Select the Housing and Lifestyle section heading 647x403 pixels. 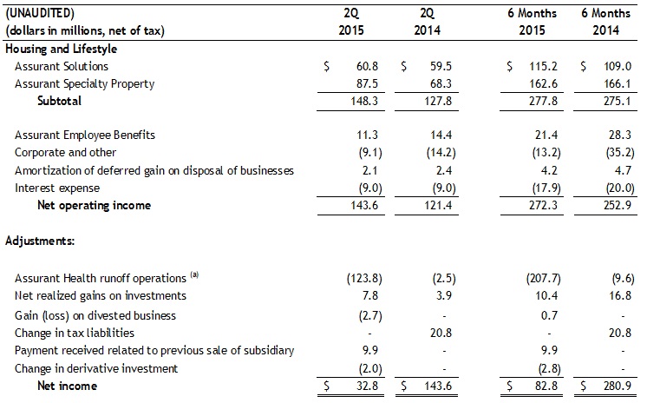click(x=61, y=49)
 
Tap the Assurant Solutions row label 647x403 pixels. click(x=62, y=66)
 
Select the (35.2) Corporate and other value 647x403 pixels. click(x=618, y=152)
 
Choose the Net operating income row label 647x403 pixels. click(x=95, y=205)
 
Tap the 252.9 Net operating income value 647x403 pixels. click(x=618, y=205)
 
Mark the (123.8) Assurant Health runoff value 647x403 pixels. click(x=358, y=279)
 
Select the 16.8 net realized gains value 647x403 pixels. click(x=622, y=296)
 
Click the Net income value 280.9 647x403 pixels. click(x=618, y=386)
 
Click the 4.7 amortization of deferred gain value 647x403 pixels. click(x=624, y=169)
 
